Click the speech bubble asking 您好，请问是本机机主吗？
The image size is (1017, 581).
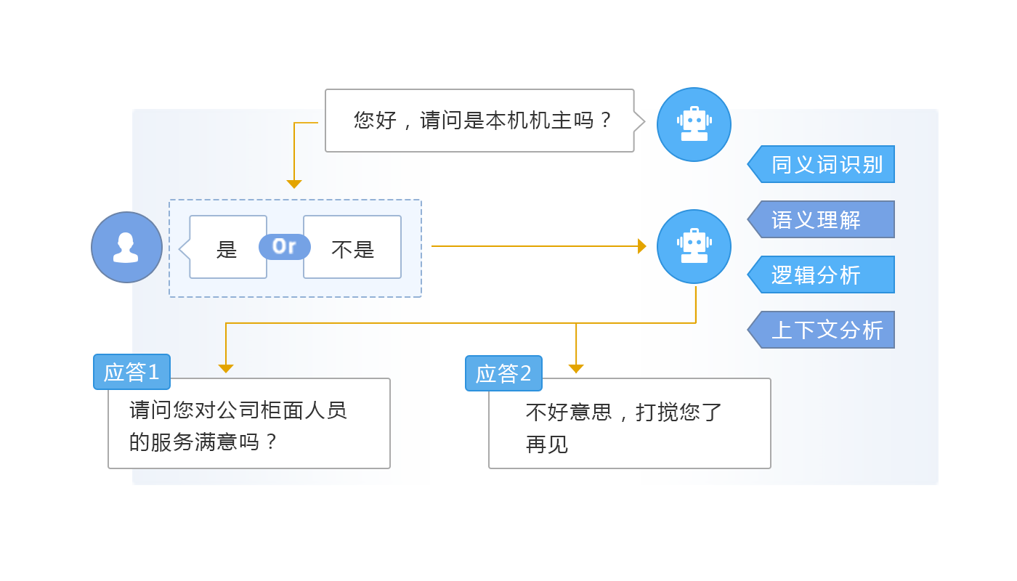[x=479, y=121]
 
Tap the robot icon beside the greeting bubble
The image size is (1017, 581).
[x=694, y=124]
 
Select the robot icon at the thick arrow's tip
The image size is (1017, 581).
[x=694, y=246]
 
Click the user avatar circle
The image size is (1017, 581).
[x=126, y=247]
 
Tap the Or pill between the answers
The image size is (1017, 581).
[x=284, y=247]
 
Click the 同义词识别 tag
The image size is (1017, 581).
[x=826, y=164]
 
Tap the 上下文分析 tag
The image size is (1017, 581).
[x=826, y=330]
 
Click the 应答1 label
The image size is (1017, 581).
[x=131, y=372]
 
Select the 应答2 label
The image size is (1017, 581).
[x=503, y=373]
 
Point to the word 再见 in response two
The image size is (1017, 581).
[x=547, y=444]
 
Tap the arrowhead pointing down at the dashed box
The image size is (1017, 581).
[x=294, y=184]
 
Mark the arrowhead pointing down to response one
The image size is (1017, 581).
[x=226, y=369]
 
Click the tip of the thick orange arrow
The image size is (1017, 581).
[x=642, y=246]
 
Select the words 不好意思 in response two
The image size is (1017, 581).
[x=569, y=413]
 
